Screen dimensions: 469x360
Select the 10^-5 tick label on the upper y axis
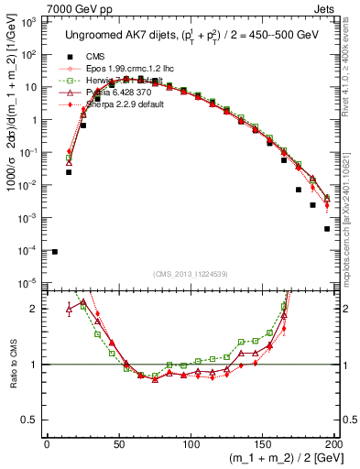[x=28, y=282]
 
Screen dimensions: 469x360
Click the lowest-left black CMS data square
[x=55, y=252]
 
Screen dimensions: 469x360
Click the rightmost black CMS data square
[x=327, y=229]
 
